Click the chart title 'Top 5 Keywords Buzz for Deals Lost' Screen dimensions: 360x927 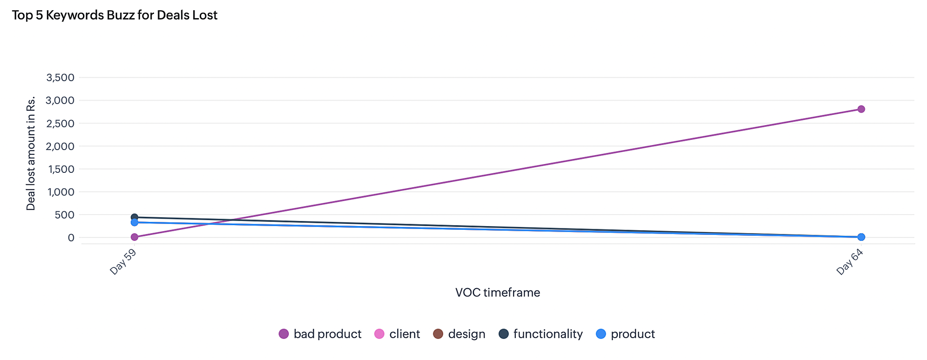[114, 15]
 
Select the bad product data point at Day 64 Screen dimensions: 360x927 [861, 109]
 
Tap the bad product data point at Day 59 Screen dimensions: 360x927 [134, 237]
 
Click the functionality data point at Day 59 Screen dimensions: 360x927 [134, 217]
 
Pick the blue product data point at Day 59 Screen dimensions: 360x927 [134, 222]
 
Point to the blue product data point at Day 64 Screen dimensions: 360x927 [861, 237]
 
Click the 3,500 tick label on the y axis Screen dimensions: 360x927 [60, 77]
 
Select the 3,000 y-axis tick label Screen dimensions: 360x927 [60, 101]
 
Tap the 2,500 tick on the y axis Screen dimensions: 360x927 [60, 123]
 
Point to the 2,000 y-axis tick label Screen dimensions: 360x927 [60, 146]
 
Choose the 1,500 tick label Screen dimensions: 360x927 [60, 169]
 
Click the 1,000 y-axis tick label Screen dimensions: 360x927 [60, 192]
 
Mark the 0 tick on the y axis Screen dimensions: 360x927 [70, 238]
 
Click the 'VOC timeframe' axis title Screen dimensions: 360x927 [497, 293]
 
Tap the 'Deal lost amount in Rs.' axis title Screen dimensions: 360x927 [31, 153]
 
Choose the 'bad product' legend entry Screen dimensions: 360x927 [320, 334]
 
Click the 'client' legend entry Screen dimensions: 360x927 [397, 334]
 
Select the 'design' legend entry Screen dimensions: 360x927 [459, 334]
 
